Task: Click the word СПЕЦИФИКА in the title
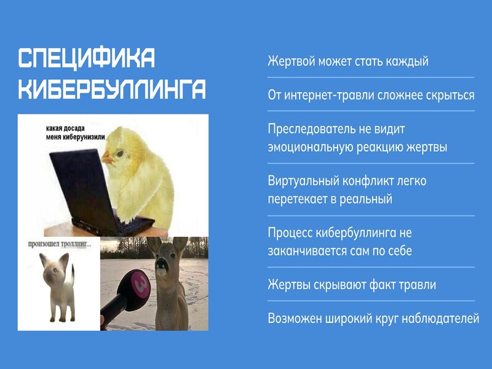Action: pyautogui.click(x=87, y=58)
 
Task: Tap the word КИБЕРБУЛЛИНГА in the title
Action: pyautogui.click(x=112, y=89)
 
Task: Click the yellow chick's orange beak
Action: pyautogui.click(x=108, y=157)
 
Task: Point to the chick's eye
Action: pyautogui.click(x=120, y=153)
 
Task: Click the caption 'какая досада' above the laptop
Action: pyautogui.click(x=65, y=129)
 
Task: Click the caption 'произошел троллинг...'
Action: pyautogui.click(x=60, y=244)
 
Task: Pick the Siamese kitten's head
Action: pyautogui.click(x=54, y=268)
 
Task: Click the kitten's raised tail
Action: pyautogui.click(x=73, y=275)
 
